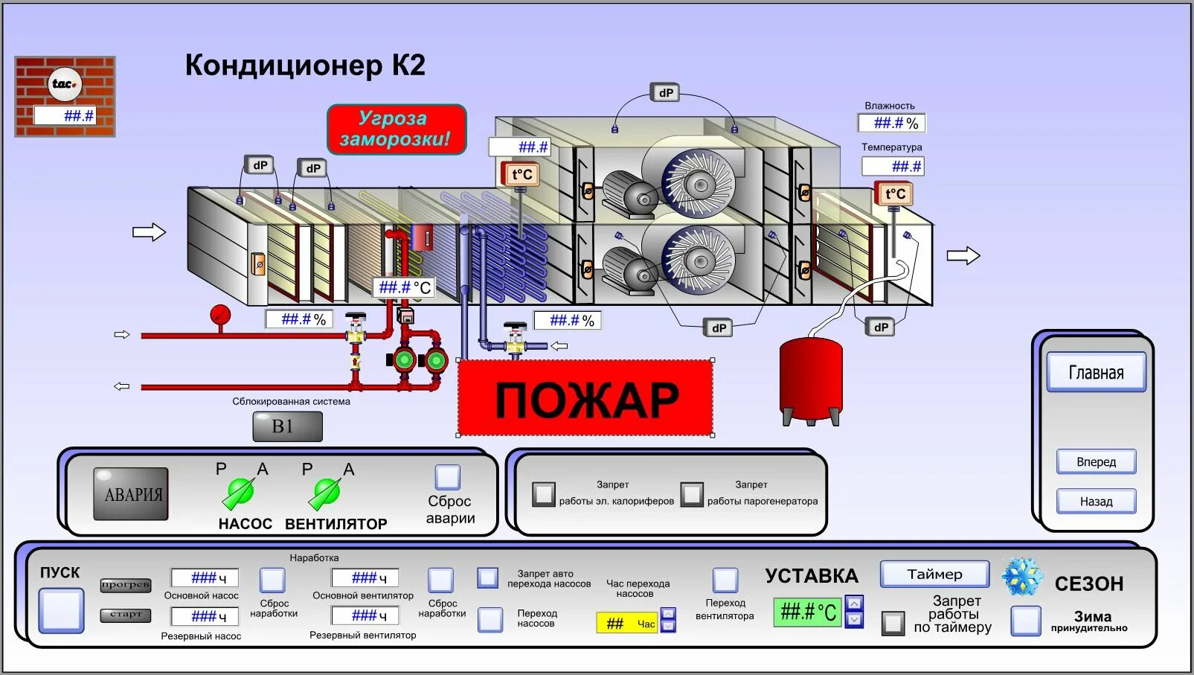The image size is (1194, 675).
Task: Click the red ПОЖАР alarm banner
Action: tap(585, 398)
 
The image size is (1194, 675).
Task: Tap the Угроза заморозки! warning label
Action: tap(397, 129)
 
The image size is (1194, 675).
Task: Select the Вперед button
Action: tap(1096, 462)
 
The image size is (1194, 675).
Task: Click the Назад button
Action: tap(1096, 502)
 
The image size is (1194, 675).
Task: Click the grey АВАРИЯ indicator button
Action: tap(131, 494)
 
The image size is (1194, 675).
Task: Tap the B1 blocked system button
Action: tap(287, 426)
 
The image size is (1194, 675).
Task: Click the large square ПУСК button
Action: tap(61, 610)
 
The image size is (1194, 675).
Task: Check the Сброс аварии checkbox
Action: tap(448, 477)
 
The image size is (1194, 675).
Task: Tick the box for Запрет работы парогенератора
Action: tap(692, 494)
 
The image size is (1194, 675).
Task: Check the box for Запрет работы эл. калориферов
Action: tap(544, 494)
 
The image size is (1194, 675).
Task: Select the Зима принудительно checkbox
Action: tap(1025, 621)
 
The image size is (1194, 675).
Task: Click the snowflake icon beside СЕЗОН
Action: tap(1022, 577)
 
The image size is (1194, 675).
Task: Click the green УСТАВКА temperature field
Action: tap(807, 612)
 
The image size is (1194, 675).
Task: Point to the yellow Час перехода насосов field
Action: tap(627, 623)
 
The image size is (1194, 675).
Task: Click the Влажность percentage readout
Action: tap(891, 123)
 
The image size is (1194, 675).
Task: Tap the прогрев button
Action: tap(126, 585)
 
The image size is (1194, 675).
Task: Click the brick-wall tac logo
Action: tap(65, 96)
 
